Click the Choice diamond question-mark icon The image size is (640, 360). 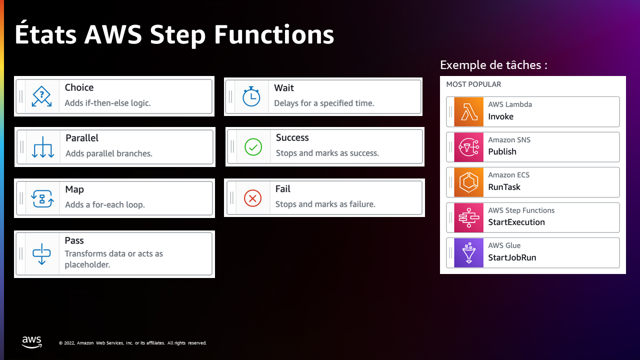tap(41, 96)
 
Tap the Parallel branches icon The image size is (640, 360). tap(43, 147)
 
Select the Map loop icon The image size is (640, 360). tap(42, 198)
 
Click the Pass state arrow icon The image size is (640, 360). tap(41, 254)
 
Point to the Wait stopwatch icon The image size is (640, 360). tap(251, 96)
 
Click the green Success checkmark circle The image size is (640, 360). tap(253, 147)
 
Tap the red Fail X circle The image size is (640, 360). tap(252, 198)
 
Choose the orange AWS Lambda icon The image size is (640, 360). tap(469, 111)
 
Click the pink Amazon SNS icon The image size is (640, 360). tap(469, 147)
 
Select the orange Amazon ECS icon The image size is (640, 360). tap(469, 182)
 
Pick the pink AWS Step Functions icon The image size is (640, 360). tap(469, 217)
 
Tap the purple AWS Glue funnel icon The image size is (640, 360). tap(469, 253)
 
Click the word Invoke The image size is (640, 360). tap(500, 116)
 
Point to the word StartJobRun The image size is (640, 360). tap(512, 257)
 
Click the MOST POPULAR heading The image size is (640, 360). tap(473, 84)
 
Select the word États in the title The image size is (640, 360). tap(45, 34)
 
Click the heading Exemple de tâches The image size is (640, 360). tap(493, 65)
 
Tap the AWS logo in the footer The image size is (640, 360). tap(31, 342)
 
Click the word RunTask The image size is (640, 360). tap(504, 187)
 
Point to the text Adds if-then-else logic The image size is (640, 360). tap(107, 103)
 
